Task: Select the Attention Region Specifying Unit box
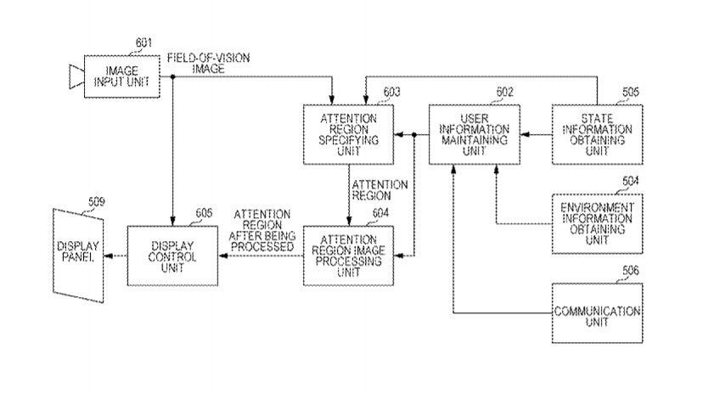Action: pos(349,134)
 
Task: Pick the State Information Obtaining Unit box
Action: pos(598,134)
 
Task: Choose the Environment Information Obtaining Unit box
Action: pos(598,223)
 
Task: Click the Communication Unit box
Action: pos(598,312)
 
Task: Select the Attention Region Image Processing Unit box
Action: pos(349,255)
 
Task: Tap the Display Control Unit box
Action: pos(172,255)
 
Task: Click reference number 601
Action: pos(143,42)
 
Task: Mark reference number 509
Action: pos(97,202)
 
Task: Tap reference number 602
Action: pos(504,92)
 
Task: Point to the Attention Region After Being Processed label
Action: pos(263,229)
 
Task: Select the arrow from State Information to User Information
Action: pos(535,134)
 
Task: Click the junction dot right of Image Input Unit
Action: pos(173,76)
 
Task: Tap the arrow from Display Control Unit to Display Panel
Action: pos(115,255)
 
